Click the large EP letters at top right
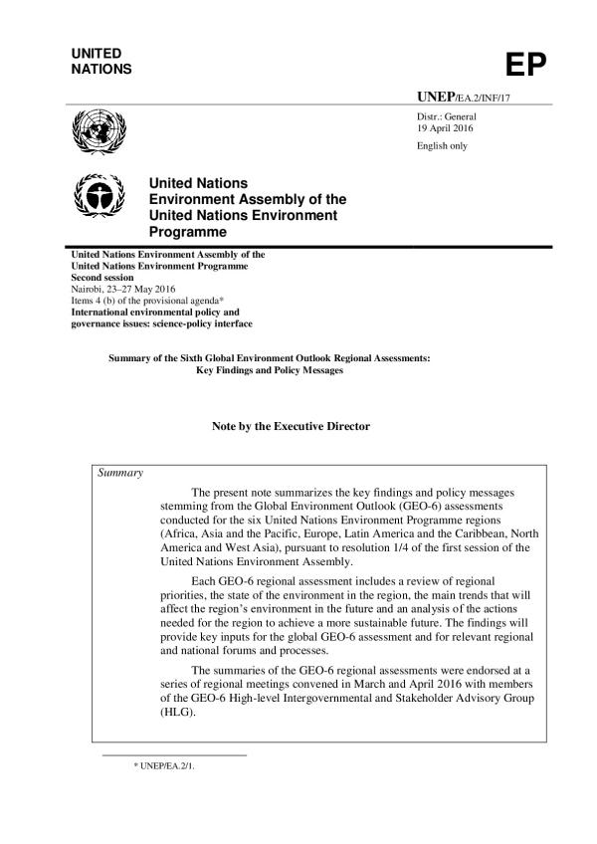tap(526, 65)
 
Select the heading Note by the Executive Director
tap(291, 426)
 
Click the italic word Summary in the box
tap(120, 472)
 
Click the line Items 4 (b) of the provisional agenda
tap(136, 301)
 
